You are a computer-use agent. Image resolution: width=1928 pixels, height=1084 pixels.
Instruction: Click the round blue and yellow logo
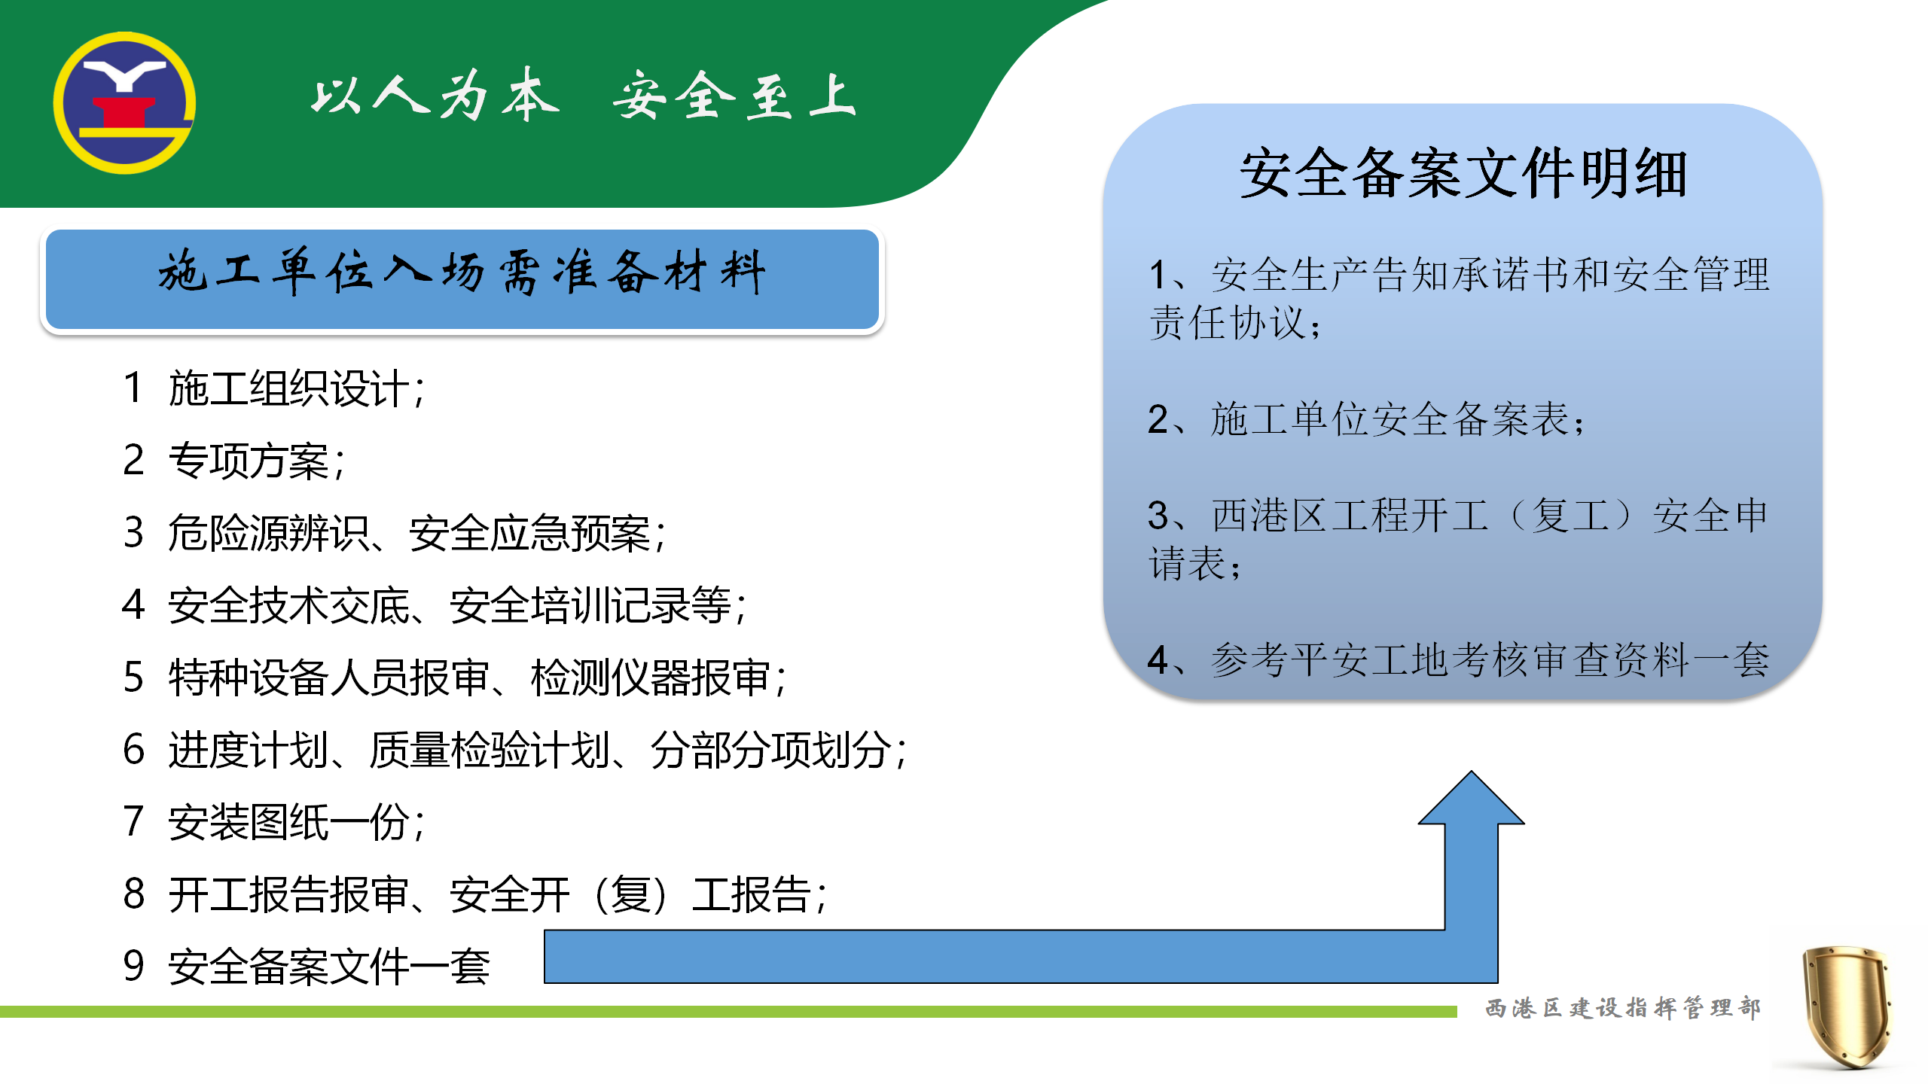click(124, 103)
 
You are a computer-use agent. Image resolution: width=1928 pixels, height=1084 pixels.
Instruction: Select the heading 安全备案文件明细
click(1463, 174)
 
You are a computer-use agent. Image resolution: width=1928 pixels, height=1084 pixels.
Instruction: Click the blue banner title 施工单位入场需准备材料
click(462, 272)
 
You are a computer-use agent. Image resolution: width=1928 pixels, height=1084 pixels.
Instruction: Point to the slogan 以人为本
click(435, 95)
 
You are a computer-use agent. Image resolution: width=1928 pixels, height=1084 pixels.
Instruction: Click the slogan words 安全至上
click(734, 96)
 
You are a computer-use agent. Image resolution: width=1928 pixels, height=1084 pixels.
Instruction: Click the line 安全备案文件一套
click(329, 967)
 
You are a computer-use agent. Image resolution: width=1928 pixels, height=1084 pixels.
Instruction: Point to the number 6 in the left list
click(133, 750)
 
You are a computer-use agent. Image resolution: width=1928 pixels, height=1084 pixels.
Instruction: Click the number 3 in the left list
click(133, 532)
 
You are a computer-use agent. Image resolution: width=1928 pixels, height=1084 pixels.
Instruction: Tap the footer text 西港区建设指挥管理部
click(1623, 1008)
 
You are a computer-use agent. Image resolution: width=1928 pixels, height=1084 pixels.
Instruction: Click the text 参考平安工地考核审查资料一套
click(1490, 659)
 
